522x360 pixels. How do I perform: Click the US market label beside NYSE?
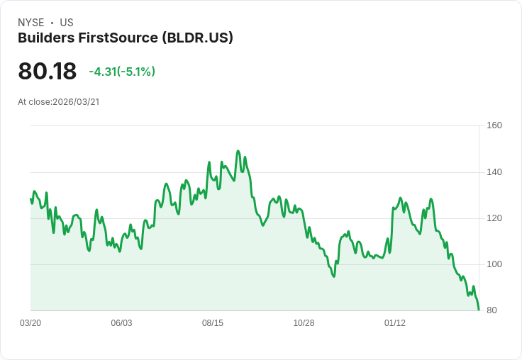[67, 23]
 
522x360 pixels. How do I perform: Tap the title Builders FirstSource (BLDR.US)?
[126, 38]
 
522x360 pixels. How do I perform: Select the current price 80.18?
[47, 72]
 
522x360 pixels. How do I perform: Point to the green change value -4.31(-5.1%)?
[122, 72]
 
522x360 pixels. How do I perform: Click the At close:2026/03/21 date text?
[59, 102]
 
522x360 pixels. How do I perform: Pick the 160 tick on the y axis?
[494, 125]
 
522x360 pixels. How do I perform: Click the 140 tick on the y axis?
[494, 172]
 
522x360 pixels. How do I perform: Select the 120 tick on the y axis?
[494, 218]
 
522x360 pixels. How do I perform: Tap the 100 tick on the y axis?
[494, 264]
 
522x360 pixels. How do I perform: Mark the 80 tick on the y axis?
[492, 310]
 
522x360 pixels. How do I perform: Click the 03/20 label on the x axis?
[30, 323]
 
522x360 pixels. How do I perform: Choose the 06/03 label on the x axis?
[121, 323]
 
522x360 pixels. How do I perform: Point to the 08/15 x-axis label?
[213, 323]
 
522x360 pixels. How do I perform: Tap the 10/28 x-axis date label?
[304, 323]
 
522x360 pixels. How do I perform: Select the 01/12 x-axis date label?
[395, 323]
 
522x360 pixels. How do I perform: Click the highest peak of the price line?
[238, 151]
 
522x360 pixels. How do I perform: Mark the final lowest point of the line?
[479, 310]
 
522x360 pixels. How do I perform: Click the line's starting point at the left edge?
[30, 199]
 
